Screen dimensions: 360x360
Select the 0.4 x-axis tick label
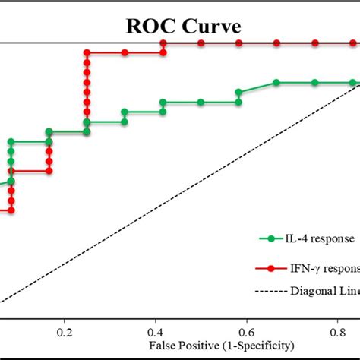pos(156,332)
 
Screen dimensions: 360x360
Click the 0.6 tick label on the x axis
pos(246,332)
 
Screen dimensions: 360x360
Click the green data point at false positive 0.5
pos(201,102)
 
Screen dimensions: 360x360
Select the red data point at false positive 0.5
pos(201,43)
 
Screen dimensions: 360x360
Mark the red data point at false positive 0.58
pos(238,43)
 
